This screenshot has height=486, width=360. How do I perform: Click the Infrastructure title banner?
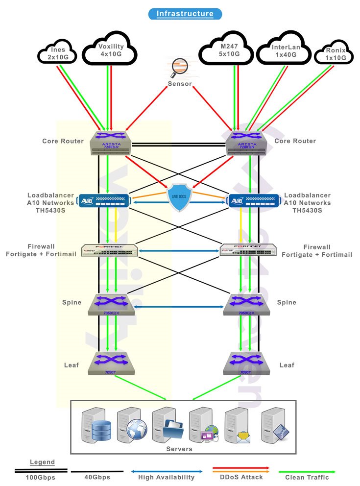click(x=185, y=14)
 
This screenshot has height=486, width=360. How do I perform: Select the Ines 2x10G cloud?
click(x=58, y=53)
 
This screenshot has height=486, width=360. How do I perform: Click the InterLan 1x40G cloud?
click(x=285, y=50)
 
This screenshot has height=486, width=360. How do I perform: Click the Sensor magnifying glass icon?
click(x=180, y=68)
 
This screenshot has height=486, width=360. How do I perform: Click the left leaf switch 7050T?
click(x=111, y=363)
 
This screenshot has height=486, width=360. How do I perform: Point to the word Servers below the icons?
click(x=179, y=449)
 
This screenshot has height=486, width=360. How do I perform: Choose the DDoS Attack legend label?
click(x=241, y=477)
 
